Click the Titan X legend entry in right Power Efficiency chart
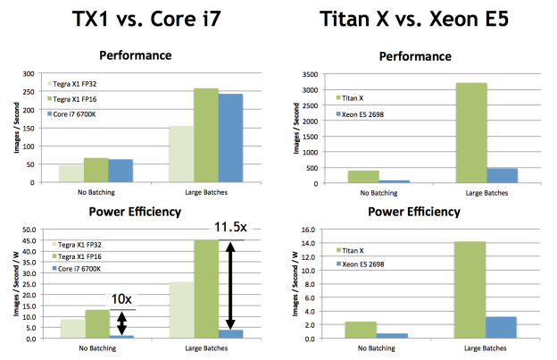coord(355,251)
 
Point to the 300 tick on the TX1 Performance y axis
coord(27,74)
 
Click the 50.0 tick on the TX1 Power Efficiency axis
coord(26,230)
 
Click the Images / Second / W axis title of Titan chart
coord(287,284)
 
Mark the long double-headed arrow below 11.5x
coord(229,285)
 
